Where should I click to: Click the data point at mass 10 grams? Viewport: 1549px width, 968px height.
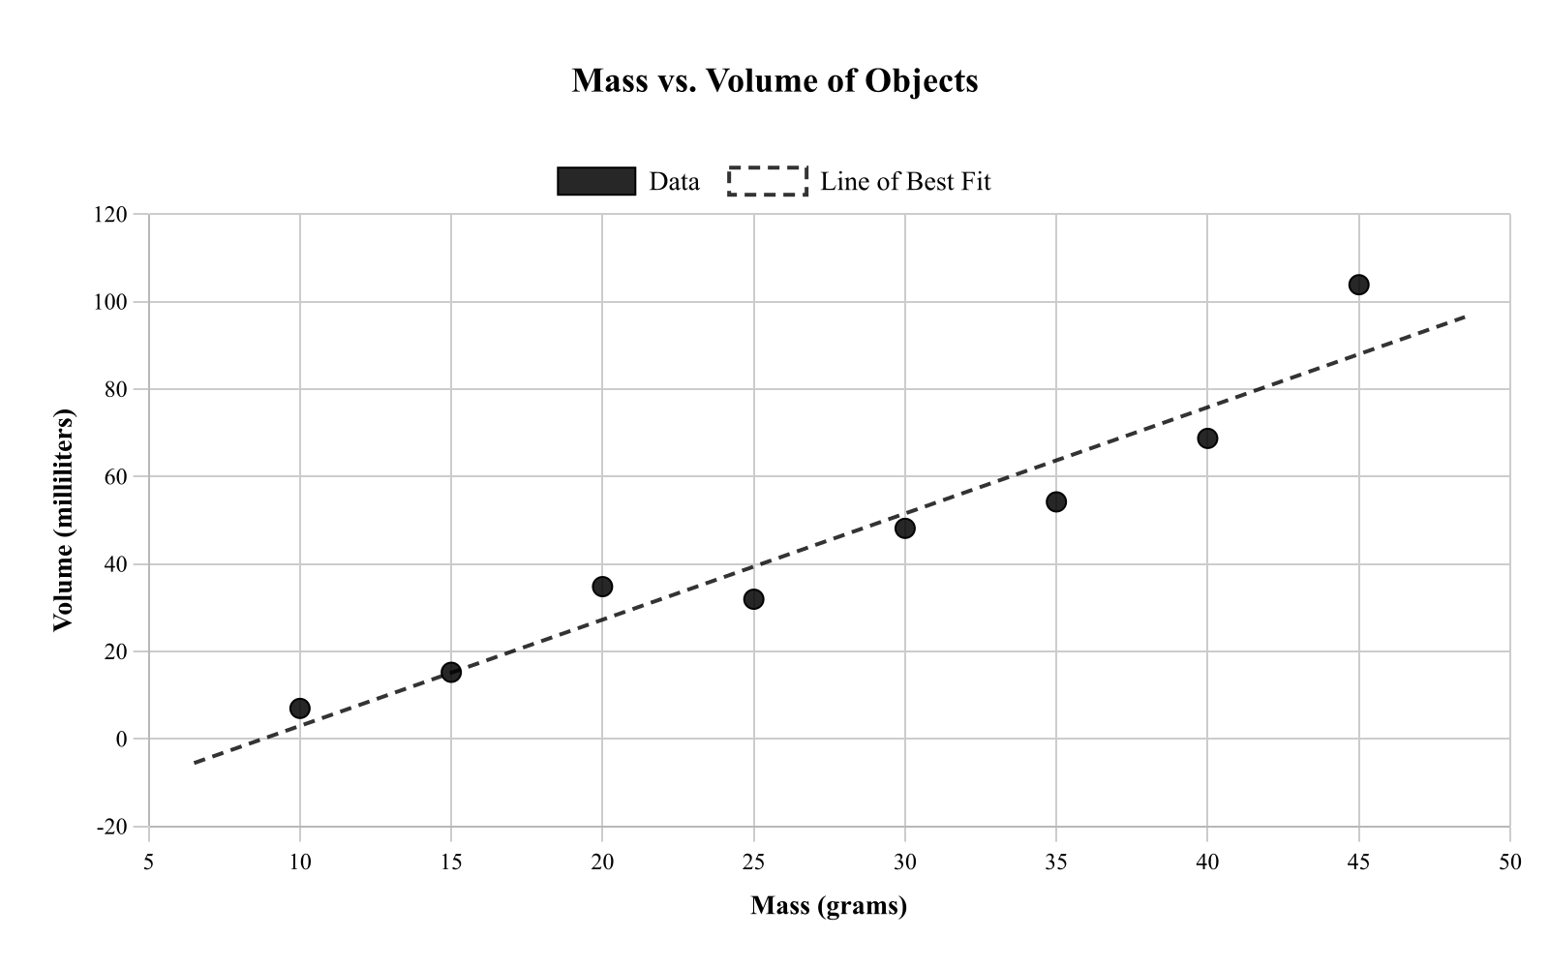point(300,709)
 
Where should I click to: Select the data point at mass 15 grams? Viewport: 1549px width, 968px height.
point(451,672)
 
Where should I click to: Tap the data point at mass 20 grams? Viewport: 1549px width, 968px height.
point(602,587)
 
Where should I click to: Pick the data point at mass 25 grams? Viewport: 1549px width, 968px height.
point(753,599)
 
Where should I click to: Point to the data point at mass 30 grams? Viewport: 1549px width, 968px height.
point(905,529)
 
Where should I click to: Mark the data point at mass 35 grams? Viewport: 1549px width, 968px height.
point(1056,501)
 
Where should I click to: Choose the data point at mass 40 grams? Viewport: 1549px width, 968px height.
point(1207,439)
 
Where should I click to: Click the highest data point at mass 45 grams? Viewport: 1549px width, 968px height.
point(1358,285)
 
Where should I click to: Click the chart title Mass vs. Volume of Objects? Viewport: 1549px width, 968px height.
point(774,80)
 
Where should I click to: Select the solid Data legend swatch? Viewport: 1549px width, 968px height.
point(596,181)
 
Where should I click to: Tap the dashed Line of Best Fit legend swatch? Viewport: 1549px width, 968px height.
point(768,181)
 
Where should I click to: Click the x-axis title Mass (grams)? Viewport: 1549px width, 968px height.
point(829,906)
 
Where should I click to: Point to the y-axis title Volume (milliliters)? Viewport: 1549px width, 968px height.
point(63,521)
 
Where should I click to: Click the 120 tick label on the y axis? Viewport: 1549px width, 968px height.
point(110,215)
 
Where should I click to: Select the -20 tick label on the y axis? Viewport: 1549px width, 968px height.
point(111,827)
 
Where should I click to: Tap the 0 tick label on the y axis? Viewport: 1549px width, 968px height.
point(121,740)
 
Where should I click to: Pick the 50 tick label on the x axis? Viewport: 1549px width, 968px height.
point(1509,862)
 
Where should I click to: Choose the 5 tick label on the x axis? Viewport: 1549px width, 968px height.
point(149,862)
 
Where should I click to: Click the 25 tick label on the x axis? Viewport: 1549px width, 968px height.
point(753,862)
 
